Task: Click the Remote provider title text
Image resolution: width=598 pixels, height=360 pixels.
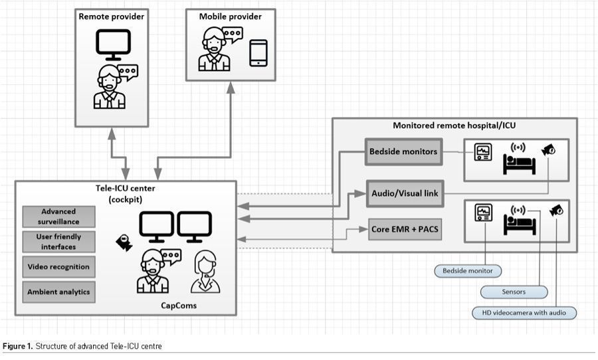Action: tap(110, 16)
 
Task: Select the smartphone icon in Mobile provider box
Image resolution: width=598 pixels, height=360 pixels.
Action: tap(258, 53)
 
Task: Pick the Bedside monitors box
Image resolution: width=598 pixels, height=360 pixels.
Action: tap(403, 151)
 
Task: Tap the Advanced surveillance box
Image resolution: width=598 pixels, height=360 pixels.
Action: tap(58, 216)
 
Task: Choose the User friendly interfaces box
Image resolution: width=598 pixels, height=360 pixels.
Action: tap(58, 242)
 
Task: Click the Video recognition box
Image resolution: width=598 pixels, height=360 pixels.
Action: tap(58, 267)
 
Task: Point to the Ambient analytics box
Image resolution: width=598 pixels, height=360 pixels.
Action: tap(58, 292)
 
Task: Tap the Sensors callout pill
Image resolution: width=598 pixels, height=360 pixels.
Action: tap(514, 292)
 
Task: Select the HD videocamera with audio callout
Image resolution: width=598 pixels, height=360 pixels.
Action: tap(524, 312)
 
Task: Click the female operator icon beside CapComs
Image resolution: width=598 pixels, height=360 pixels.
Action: tap(205, 272)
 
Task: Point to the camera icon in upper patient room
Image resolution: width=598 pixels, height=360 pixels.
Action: tap(549, 150)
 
